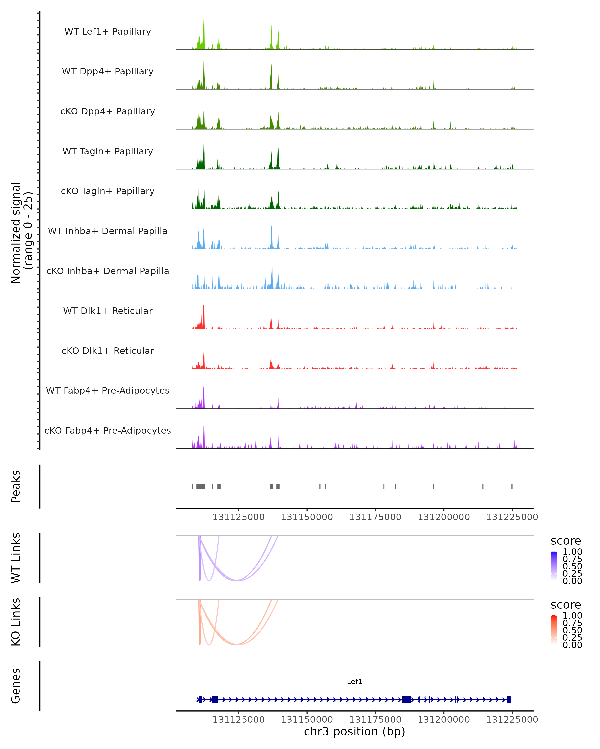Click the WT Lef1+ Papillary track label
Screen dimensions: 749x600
coord(108,32)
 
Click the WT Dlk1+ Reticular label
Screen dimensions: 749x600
coord(108,311)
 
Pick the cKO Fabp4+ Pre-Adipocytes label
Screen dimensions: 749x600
coord(108,430)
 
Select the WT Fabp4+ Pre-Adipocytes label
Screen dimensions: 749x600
coord(108,390)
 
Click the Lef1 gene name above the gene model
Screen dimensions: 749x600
coord(354,681)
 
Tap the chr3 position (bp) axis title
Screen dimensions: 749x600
coord(354,731)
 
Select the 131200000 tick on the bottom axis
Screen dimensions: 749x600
coord(443,720)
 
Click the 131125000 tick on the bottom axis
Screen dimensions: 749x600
coord(238,720)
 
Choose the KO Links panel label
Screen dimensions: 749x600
coord(16,622)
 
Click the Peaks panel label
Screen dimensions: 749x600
coord(16,486)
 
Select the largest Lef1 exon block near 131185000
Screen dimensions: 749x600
coord(406,699)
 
